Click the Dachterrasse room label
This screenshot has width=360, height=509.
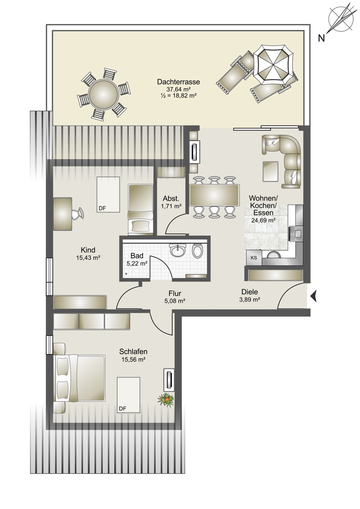tap(178, 82)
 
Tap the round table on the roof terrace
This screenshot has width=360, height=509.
tap(104, 94)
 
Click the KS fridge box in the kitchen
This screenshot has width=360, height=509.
tap(254, 258)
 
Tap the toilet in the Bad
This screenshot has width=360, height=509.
tap(197, 250)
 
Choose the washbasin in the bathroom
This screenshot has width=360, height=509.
tap(178, 250)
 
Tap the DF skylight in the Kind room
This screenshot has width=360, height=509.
tap(108, 195)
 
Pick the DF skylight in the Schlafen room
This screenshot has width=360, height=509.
tap(129, 395)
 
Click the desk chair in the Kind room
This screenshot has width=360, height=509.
tap(78, 214)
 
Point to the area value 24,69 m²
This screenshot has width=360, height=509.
tap(264, 220)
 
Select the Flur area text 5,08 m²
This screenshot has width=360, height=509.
tap(174, 301)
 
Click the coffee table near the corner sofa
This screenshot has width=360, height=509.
tap(270, 171)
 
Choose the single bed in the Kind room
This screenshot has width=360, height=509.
tap(141, 210)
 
